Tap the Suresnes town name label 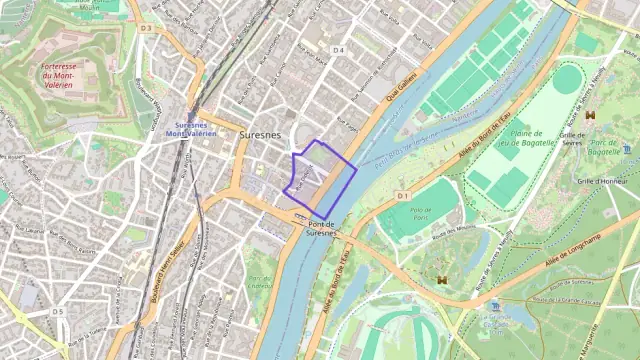coord(260,133)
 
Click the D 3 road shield coord(146,28)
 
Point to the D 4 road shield coord(338,50)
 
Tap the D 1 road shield coord(403,196)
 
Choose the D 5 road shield coord(58,312)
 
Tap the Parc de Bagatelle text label coord(604,146)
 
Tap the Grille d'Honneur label coord(601,181)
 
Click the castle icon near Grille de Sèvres coord(591,114)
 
